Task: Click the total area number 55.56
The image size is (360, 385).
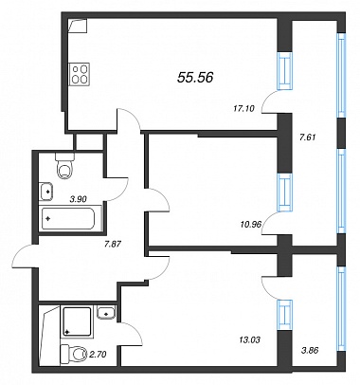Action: tap(195, 77)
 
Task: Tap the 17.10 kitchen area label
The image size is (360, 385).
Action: tap(243, 109)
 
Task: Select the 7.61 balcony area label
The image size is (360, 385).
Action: tap(307, 137)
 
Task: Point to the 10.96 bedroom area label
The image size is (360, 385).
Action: tap(250, 225)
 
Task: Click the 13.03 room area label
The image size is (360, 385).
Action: tap(249, 339)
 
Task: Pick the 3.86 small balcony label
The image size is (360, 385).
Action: tap(310, 350)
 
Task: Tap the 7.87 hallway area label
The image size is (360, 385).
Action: tap(113, 244)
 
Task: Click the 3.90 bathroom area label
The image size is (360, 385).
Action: tap(78, 199)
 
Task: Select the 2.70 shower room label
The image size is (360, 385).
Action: tap(98, 355)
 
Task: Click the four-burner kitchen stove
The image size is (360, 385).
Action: tap(80, 74)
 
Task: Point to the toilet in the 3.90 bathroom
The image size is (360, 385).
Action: tap(65, 166)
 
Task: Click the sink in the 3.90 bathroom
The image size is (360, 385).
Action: tap(46, 192)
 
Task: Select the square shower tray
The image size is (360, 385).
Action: tap(77, 321)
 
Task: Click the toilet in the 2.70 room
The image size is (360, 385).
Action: tap(73, 354)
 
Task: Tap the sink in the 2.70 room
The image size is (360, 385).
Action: tap(106, 313)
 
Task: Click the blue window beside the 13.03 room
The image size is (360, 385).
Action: tap(285, 315)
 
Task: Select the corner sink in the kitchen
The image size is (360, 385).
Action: tap(78, 26)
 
